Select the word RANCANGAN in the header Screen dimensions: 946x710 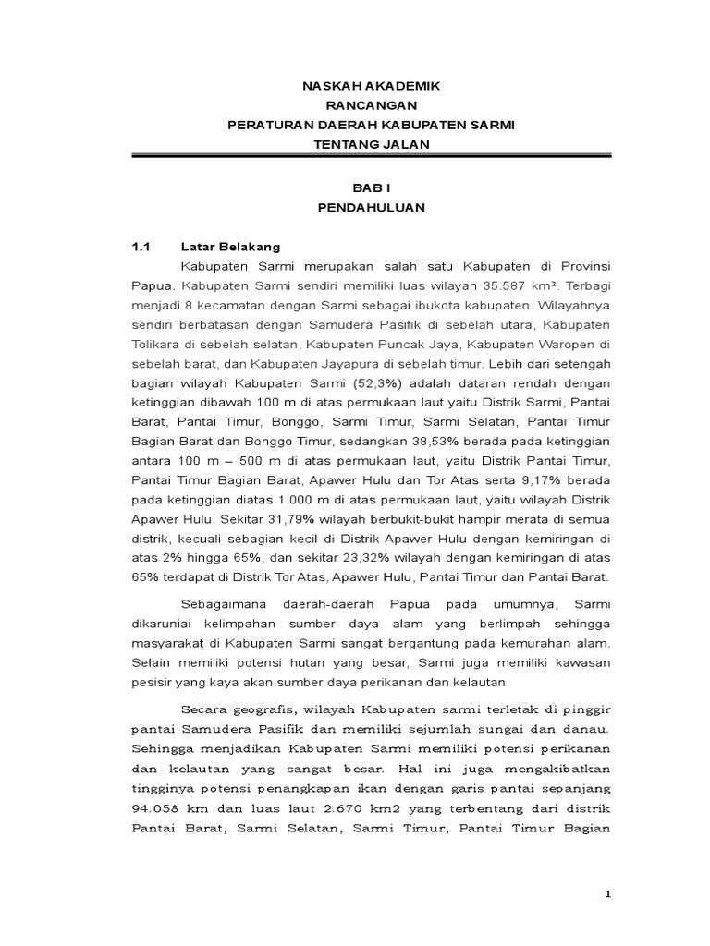(x=368, y=104)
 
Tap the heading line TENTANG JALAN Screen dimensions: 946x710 (x=368, y=143)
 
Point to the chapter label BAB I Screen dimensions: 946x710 (x=368, y=188)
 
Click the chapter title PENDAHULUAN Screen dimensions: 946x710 (x=368, y=208)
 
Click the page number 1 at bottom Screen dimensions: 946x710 (x=607, y=892)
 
